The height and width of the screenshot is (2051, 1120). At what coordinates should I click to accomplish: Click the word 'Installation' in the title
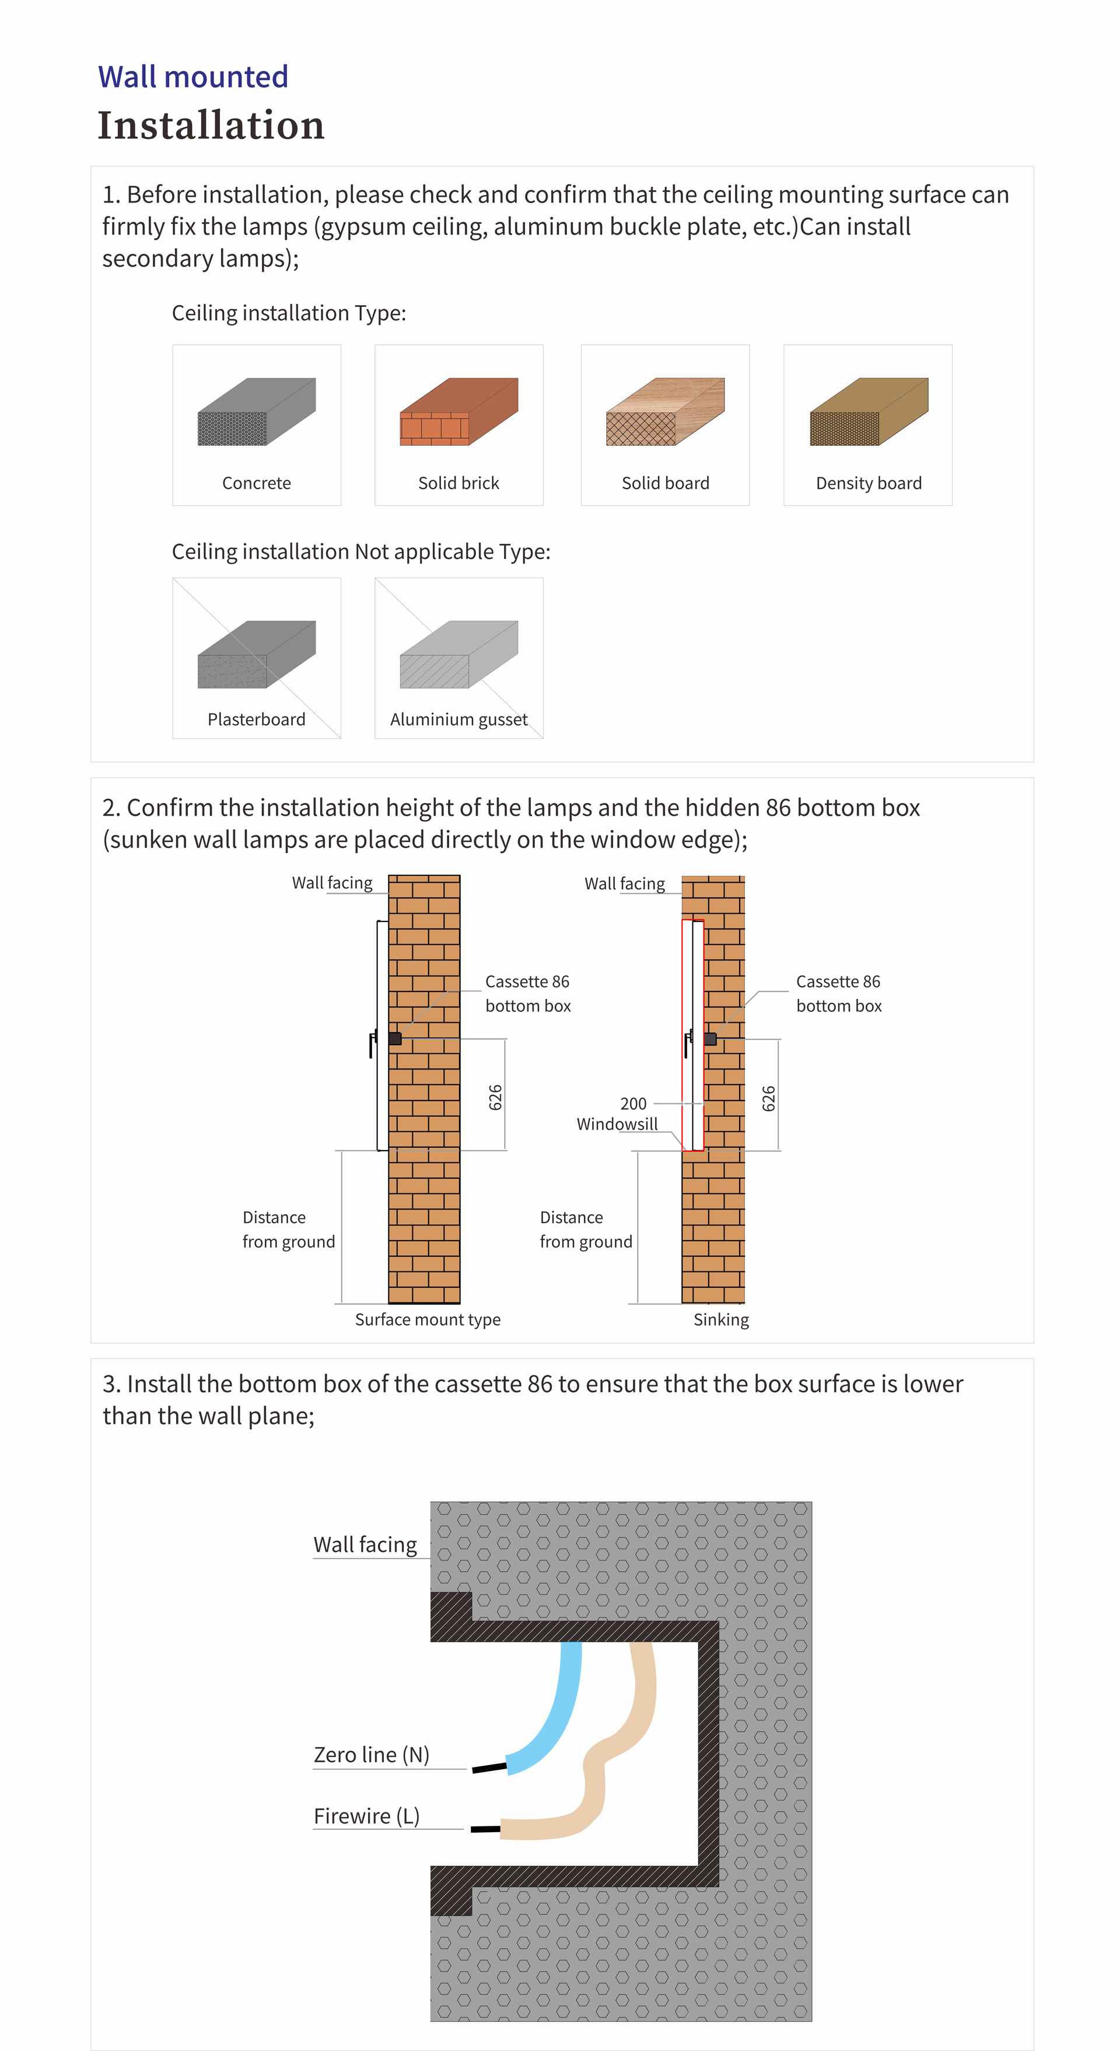tap(211, 126)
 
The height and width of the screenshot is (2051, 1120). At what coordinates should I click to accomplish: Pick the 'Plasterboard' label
tap(256, 720)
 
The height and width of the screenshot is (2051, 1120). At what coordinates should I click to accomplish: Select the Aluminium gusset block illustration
tap(459, 655)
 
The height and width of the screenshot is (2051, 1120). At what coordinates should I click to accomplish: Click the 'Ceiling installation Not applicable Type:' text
tap(360, 552)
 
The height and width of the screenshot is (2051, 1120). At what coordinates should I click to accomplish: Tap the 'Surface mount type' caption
tap(428, 1319)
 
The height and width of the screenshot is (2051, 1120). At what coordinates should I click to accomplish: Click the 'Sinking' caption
tap(720, 1319)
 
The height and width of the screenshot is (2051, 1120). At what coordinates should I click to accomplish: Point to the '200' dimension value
tap(633, 1103)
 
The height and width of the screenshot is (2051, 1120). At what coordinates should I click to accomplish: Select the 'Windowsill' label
tap(617, 1124)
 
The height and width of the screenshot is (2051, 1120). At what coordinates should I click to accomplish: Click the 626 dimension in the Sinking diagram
tap(768, 1099)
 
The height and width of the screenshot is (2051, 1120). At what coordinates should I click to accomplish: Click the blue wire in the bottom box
tap(557, 1712)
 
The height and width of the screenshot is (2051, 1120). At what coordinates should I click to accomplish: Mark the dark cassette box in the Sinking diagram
tap(710, 1039)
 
